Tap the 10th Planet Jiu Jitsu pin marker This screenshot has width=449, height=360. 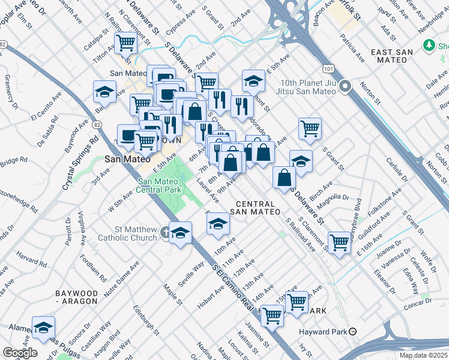coord(345,88)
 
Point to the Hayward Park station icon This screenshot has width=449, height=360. coord(354,331)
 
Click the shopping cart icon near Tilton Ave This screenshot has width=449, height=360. coord(126,43)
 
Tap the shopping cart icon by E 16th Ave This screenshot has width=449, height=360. coord(339,242)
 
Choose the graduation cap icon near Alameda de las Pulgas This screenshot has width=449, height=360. coord(43,327)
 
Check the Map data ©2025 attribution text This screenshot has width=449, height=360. coord(423,355)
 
